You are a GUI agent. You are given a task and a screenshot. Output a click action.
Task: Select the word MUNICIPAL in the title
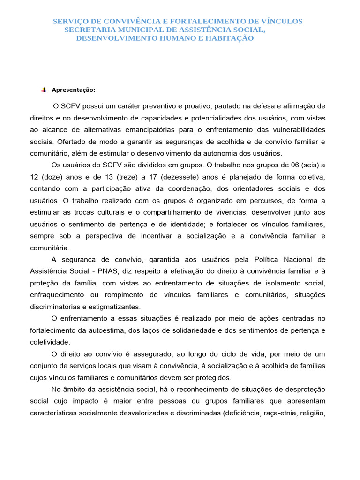coord(136,30)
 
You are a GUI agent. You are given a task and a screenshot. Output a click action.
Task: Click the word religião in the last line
coord(313,413)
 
